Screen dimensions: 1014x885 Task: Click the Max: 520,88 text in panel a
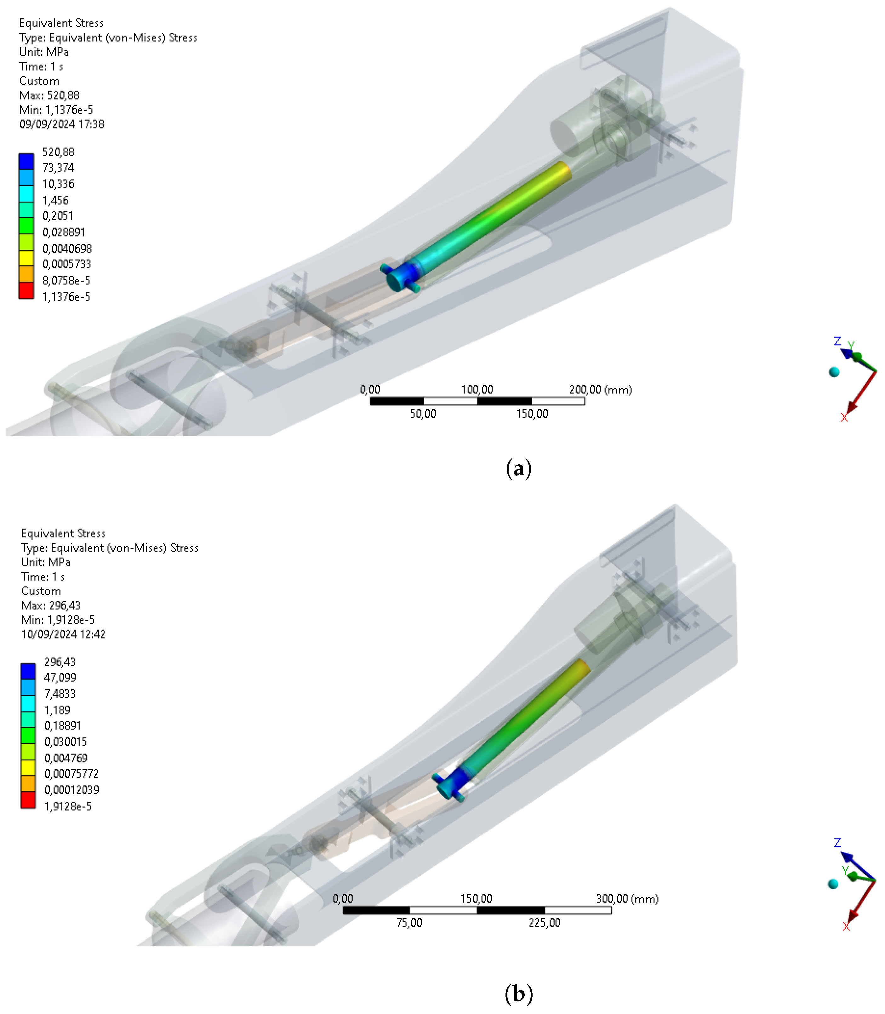[x=49, y=95]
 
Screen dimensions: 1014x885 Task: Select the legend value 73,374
[x=58, y=168]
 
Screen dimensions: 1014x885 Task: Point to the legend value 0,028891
[x=64, y=232]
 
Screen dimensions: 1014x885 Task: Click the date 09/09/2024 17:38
[x=62, y=124]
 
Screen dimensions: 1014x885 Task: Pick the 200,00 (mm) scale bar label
[x=600, y=390]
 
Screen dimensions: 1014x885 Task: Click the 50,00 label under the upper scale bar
[x=423, y=414]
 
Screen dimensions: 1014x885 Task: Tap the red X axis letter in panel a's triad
[x=844, y=418]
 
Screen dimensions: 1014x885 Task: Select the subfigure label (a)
[x=518, y=468]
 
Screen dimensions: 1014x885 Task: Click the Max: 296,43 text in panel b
[x=50, y=605]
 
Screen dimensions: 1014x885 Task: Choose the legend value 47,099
[x=60, y=678]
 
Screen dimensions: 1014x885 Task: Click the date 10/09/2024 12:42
[x=63, y=634]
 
